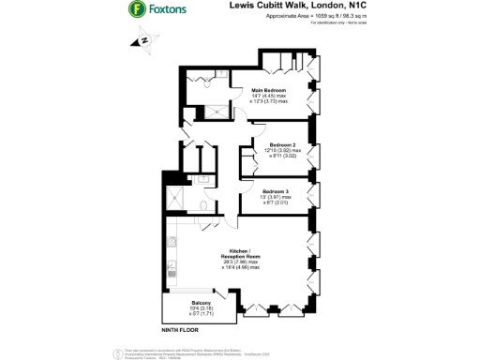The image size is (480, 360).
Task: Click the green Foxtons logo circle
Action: pos(137,10)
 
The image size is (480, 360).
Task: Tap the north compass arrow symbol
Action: pos(144,41)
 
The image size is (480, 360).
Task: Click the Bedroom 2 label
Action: pos(283,144)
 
